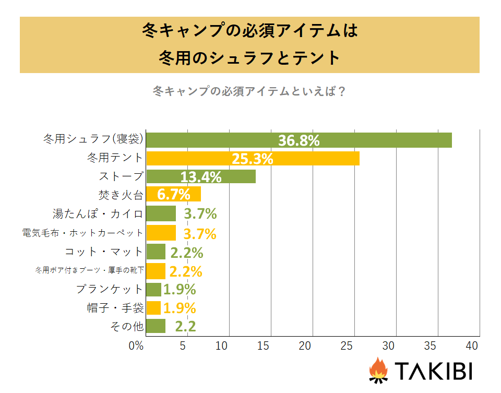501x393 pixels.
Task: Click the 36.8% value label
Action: [x=299, y=140]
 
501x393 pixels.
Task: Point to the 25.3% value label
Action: [x=253, y=159]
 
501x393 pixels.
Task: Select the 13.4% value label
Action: [x=201, y=177]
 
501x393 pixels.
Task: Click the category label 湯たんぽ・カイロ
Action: [x=98, y=213]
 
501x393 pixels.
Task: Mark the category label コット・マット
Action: [x=103, y=252]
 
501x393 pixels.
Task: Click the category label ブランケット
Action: [x=109, y=289]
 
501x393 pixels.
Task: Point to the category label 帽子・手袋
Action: [x=115, y=308]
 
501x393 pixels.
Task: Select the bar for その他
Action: [x=156, y=326]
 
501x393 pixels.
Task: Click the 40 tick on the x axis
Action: [x=472, y=346]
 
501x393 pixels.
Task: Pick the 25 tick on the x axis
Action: [x=347, y=346]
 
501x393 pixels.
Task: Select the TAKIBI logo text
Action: [x=433, y=371]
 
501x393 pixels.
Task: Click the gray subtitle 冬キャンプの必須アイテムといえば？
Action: [x=249, y=91]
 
